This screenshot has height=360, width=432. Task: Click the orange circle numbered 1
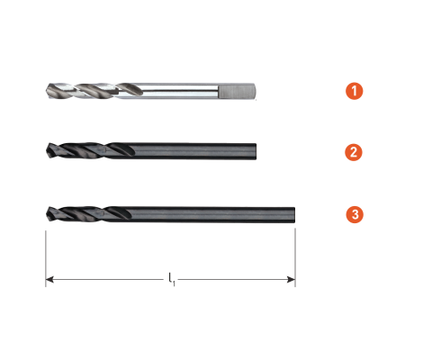(355, 91)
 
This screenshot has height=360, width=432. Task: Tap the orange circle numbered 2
(354, 152)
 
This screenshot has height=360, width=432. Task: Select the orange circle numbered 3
(355, 214)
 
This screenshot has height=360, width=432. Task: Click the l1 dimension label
(171, 279)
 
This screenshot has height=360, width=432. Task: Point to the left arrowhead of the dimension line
(49, 280)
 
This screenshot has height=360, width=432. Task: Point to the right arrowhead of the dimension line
(291, 280)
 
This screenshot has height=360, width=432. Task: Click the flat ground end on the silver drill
(237, 91)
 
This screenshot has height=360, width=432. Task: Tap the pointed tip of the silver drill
(47, 90)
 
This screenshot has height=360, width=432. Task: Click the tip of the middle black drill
(47, 150)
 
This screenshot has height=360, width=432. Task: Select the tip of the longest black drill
(47, 214)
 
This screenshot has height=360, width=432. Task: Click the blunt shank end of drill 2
(256, 151)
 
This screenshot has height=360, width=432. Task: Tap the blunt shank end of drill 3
(294, 215)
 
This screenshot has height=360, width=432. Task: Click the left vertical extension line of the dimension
(46, 258)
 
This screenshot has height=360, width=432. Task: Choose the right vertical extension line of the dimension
(295, 257)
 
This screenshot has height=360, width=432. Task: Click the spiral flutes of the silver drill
(94, 90)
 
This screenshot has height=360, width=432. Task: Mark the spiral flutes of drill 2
(91, 150)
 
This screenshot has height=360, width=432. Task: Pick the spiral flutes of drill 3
(89, 214)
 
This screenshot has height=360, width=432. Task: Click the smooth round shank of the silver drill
(180, 91)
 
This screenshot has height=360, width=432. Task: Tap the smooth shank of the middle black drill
(195, 151)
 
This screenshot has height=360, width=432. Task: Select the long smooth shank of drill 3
(213, 215)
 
